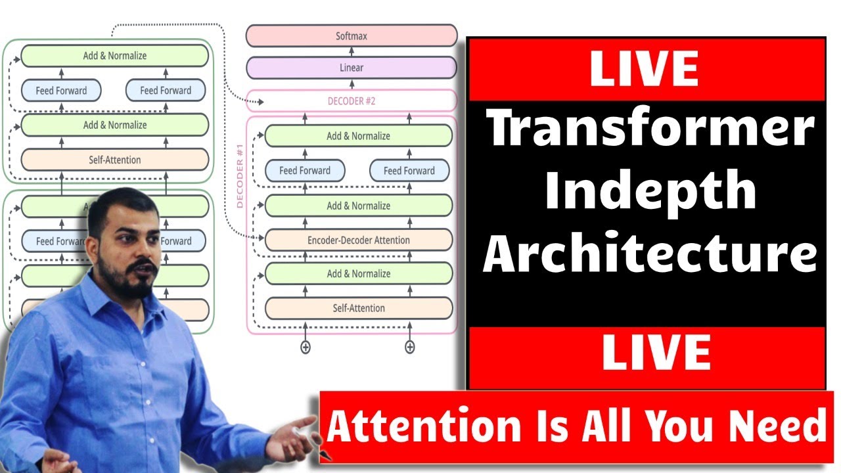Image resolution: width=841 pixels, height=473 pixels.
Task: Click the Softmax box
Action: point(352,36)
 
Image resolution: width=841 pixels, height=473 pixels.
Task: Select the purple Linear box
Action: point(352,68)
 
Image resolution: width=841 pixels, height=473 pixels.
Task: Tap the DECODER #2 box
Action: point(352,101)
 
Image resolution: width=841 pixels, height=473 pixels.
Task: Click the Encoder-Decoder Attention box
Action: point(358,240)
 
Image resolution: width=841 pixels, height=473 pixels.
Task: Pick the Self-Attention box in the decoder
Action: point(358,308)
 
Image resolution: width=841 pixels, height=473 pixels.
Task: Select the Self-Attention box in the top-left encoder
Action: point(115,160)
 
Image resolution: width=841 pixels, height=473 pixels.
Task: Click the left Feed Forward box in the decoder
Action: point(305,171)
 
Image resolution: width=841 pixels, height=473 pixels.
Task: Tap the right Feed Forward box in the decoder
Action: point(409,171)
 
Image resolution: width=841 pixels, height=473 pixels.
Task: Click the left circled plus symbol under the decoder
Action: point(305,347)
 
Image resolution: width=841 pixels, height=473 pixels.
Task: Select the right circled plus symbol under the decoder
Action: point(409,347)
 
